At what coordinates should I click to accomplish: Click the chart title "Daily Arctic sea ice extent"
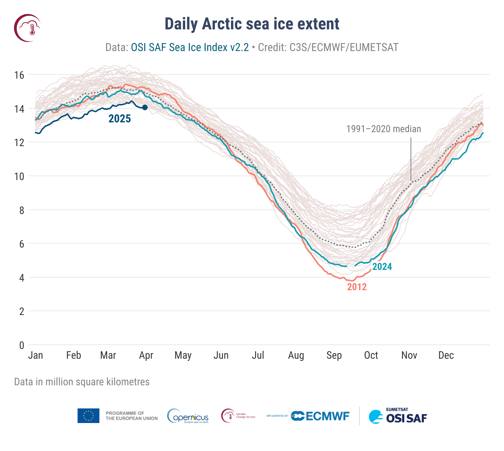point(252,24)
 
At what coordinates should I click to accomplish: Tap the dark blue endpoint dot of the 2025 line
point(145,107)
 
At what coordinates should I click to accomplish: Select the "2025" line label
point(120,119)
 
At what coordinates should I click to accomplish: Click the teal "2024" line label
point(382,267)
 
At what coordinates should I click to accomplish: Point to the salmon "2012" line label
point(357,287)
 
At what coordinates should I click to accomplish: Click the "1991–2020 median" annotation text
point(384,129)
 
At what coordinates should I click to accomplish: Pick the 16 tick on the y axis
point(19,75)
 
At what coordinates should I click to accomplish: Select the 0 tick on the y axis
point(22,345)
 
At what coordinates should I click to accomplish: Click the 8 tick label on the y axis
point(22,210)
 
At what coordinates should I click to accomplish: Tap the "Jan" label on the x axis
point(36,356)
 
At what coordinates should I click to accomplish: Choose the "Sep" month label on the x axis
point(334,356)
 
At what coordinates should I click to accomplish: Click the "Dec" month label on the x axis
point(446,356)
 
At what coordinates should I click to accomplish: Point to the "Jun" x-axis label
point(221,356)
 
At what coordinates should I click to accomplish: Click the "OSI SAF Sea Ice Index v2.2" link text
point(190,48)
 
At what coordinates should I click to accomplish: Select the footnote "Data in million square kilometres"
point(82,382)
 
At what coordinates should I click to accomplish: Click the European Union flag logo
point(89,416)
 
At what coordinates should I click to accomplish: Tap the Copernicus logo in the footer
point(188,416)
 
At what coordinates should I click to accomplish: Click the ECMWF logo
point(320,416)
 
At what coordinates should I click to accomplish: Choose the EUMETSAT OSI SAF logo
point(398,416)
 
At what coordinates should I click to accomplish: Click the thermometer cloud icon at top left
point(27,28)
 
